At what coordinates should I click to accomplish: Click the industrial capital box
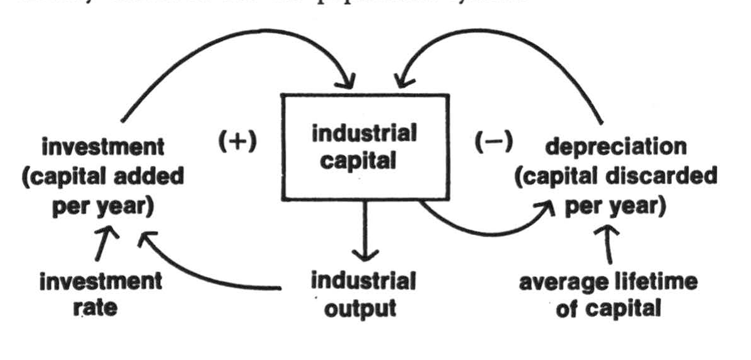coord(364,148)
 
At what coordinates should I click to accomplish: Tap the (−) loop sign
coord(494,143)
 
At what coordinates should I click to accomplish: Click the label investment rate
coord(100,295)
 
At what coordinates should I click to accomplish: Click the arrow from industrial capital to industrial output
coord(364,232)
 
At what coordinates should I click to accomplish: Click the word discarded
coord(666,177)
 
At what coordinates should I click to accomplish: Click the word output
coord(364,309)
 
